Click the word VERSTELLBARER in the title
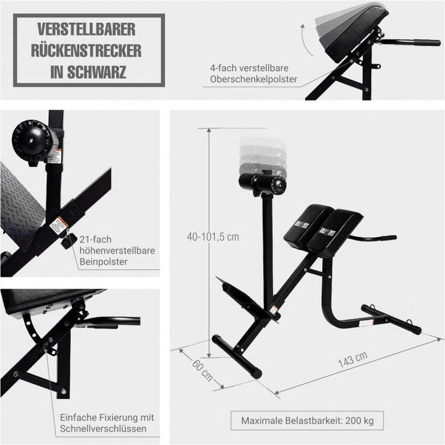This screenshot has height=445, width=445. pyautogui.click(x=87, y=30)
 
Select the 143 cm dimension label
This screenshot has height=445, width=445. pyautogui.click(x=353, y=360)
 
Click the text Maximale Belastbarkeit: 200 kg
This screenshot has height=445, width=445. pyautogui.click(x=307, y=421)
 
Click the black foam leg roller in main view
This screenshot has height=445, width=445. pyautogui.click(x=263, y=182)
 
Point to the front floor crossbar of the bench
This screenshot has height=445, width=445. pyautogui.click(x=237, y=357)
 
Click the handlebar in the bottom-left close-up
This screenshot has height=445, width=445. pyautogui.click(x=117, y=321)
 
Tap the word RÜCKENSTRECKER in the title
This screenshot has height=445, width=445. pyautogui.click(x=87, y=50)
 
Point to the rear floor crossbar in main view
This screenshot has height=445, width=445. pyautogui.click(x=391, y=318)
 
